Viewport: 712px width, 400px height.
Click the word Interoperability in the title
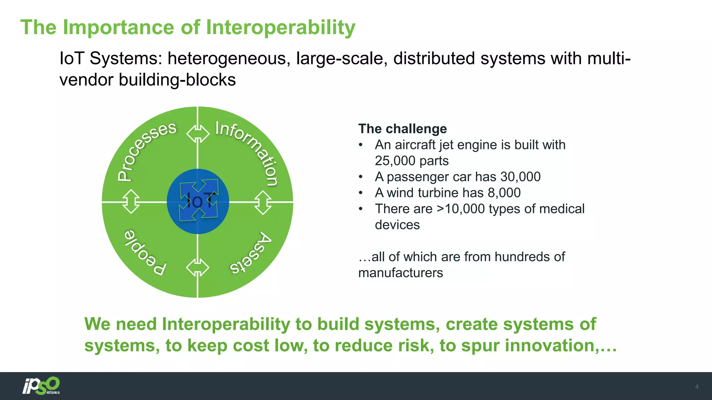[281, 28]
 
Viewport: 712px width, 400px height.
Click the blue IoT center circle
[198, 201]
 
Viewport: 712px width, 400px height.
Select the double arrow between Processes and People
[131, 201]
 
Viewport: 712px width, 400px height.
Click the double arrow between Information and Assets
[263, 202]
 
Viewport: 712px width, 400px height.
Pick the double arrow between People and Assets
[197, 268]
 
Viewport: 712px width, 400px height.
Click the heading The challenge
[402, 129]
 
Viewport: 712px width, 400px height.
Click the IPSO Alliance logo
[41, 386]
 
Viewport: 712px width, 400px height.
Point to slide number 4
[696, 387]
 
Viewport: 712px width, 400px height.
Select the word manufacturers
[400, 273]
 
